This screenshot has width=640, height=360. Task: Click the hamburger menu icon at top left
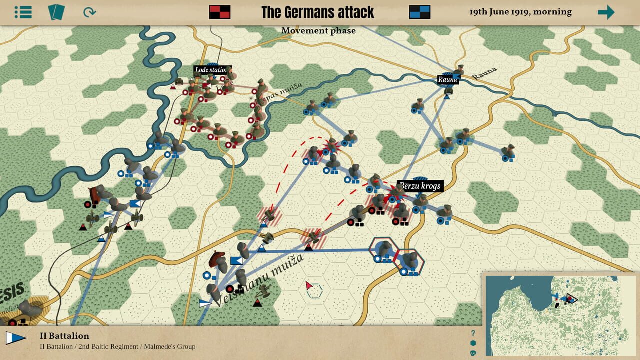point(23,12)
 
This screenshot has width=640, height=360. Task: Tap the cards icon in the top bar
point(56,12)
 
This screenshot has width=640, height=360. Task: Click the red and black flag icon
point(220,12)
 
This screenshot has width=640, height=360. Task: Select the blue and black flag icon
point(420,12)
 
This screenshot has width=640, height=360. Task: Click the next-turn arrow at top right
point(606,12)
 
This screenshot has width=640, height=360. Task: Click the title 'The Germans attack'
point(318,12)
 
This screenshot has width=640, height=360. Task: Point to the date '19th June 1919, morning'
point(520,12)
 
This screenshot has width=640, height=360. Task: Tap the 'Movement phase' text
point(318,31)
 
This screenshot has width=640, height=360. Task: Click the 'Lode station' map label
point(212,70)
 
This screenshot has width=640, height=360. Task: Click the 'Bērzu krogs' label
point(420,186)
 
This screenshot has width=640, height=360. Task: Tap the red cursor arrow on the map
point(309,286)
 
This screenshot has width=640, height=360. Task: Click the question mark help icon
point(473,333)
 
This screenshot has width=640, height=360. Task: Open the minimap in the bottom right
point(560,315)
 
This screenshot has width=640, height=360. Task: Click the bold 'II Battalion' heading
point(64,336)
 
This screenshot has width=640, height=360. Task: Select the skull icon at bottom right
point(473,353)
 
